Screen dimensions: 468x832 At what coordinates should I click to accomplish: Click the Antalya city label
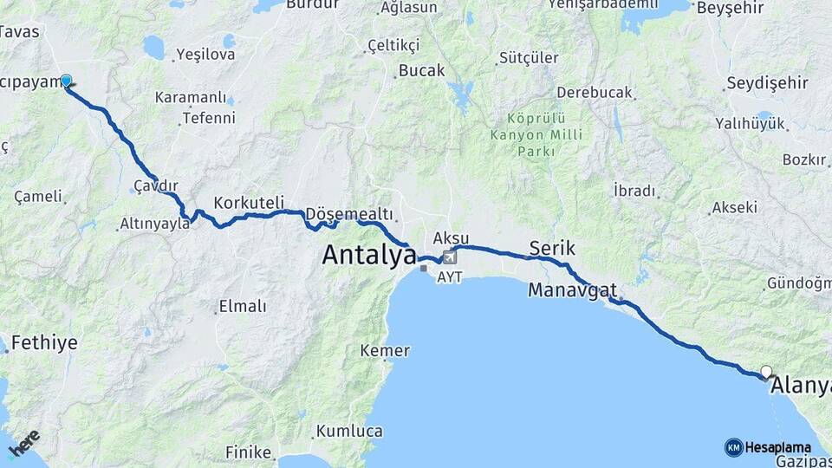369,255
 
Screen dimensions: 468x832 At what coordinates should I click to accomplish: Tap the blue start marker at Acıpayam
66,81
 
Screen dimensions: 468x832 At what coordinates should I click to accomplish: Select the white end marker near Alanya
766,372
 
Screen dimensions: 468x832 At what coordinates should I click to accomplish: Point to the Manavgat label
572,289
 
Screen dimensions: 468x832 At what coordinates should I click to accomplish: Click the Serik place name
552,249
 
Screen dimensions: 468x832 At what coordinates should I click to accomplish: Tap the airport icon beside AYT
449,257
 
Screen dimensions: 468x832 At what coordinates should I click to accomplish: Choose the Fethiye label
43,342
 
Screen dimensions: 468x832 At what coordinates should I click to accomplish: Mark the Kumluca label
349,431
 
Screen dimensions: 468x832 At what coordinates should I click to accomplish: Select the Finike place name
248,452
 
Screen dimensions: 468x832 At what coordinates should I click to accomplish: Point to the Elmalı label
243,306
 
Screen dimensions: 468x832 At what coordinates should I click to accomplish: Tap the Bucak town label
422,70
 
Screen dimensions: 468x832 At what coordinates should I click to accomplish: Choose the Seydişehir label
767,82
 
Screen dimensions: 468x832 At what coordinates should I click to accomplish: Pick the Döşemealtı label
350,214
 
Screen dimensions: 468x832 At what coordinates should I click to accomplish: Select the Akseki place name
734,208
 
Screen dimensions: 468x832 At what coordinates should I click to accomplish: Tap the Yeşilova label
205,54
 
